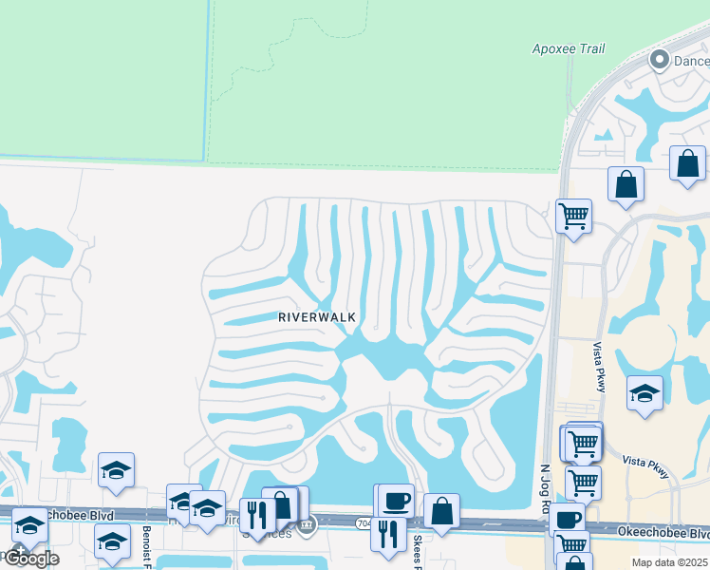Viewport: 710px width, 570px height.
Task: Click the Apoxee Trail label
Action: click(569, 48)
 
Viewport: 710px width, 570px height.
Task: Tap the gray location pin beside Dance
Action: click(659, 61)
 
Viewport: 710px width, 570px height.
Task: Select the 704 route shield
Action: click(365, 522)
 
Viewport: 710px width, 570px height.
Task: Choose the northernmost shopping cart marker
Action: click(573, 217)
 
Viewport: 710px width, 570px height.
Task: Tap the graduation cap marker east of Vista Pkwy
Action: click(645, 392)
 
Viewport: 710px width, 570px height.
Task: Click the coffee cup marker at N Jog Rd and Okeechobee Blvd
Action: click(568, 520)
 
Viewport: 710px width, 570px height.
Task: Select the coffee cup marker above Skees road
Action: click(395, 501)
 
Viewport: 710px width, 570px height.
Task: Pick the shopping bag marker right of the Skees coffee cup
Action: click(441, 510)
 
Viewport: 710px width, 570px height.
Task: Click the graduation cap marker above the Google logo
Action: click(30, 525)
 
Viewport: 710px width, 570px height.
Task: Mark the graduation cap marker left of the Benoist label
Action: click(112, 541)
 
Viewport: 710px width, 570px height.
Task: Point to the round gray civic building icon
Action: click(306, 525)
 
